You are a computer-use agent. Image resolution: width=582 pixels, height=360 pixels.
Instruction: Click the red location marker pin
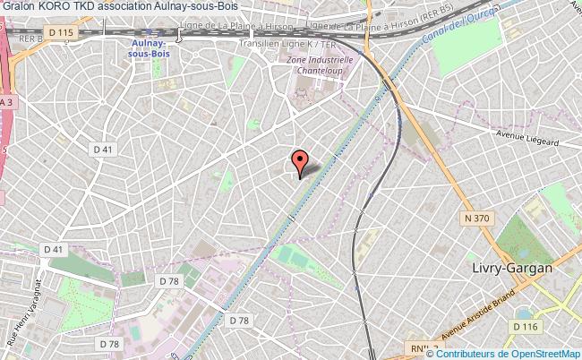point(300,162)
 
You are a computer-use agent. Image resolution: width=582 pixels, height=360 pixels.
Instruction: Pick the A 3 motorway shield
point(6,103)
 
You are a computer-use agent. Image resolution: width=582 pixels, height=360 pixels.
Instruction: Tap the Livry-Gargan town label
point(512,268)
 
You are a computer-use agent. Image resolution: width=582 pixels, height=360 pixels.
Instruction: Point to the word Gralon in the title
point(18,6)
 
